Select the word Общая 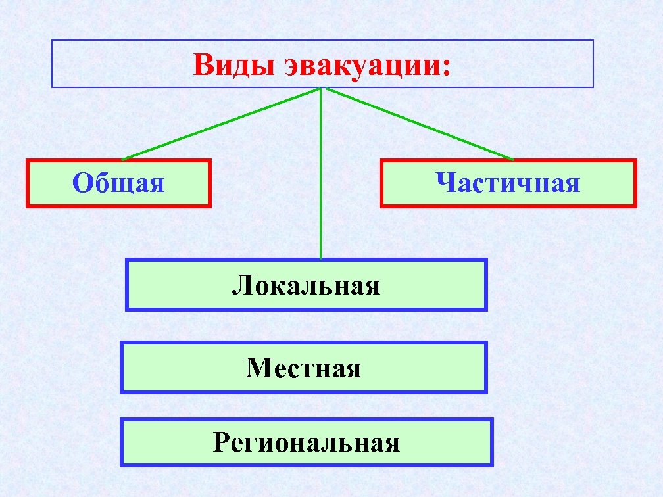(118, 183)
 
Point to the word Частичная (508, 183)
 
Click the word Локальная (306, 285)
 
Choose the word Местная (304, 367)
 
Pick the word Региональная (307, 443)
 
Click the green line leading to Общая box (220, 124)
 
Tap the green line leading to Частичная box (421, 124)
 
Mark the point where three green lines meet (320, 88)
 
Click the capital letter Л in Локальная (241, 286)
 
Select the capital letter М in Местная (257, 367)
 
